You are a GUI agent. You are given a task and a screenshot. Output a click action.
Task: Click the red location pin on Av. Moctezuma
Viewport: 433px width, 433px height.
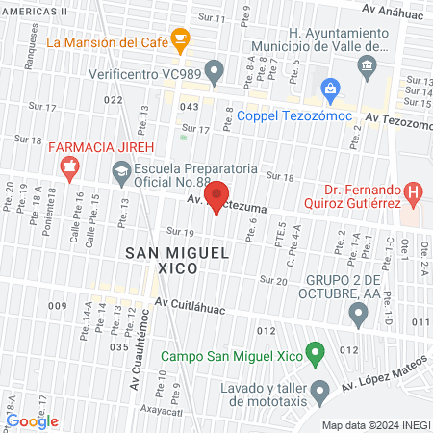click(217, 195)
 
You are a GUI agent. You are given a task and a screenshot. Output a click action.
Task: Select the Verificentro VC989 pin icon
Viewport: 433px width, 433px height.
click(216, 70)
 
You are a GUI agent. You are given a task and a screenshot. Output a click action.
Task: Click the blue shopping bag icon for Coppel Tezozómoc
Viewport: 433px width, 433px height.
click(330, 89)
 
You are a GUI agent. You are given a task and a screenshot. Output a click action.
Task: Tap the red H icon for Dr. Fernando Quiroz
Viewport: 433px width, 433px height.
click(413, 192)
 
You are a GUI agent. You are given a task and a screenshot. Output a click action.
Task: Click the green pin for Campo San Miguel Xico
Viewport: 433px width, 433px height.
click(313, 353)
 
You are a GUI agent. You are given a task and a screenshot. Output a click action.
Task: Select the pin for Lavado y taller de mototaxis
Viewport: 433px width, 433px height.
click(322, 390)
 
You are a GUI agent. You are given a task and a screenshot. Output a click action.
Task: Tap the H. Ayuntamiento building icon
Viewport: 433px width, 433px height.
click(366, 65)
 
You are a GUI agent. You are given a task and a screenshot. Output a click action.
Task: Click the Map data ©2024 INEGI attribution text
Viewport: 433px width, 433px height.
click(374, 425)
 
